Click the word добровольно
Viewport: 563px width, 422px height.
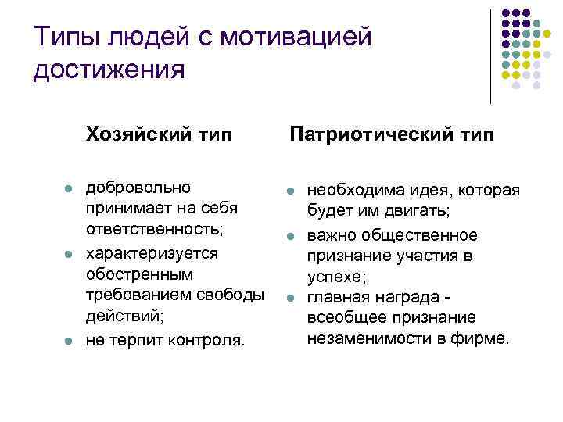click(138, 188)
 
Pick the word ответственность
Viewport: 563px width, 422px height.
click(155, 231)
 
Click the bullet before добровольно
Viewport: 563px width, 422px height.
click(69, 189)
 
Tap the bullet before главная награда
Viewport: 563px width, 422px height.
click(289, 298)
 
